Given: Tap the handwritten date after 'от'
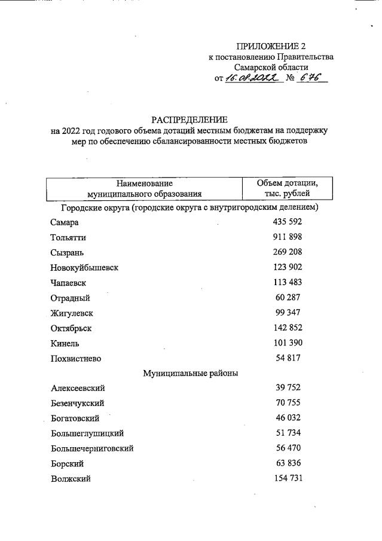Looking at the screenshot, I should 253,78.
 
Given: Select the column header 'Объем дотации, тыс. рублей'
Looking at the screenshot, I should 287,188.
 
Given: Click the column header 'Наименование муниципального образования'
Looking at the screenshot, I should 145,188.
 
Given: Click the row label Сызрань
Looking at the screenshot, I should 68,253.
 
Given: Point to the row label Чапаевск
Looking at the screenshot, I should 69,283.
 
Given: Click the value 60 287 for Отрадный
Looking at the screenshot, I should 289,297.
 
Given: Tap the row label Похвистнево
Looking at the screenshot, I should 76,359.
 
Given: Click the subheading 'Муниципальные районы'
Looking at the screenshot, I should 191,374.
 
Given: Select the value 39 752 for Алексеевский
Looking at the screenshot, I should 289,388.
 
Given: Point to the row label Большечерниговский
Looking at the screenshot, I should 92,448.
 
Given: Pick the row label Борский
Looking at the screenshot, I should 67,463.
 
